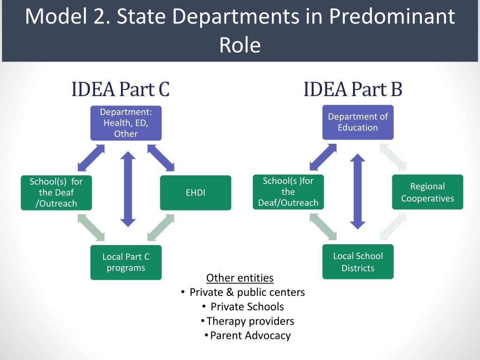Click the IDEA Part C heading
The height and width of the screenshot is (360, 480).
pos(120,89)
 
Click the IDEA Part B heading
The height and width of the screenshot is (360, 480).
pos(352,89)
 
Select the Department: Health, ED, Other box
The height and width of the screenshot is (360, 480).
pos(126,123)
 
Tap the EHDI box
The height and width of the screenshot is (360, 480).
pos(195,193)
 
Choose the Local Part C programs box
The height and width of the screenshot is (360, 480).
pos(126,262)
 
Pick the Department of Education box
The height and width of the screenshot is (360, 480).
pos(358,122)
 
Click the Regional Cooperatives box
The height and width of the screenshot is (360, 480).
pos(427,192)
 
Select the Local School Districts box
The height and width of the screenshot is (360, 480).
pos(358,262)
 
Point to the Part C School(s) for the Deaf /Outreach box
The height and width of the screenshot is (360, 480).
pos(56,192)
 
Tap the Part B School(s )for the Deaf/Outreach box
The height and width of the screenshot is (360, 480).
pos(288,192)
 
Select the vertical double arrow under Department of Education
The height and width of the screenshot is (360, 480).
pos(358,191)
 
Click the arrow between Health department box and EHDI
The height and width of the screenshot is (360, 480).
pos(161,157)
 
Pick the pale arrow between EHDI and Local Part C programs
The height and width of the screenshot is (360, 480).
pos(161,228)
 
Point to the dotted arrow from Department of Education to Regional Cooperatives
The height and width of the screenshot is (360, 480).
pos(393,157)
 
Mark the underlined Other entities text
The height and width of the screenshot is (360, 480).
pos(240,278)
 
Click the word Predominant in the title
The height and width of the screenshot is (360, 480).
pos(391,17)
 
